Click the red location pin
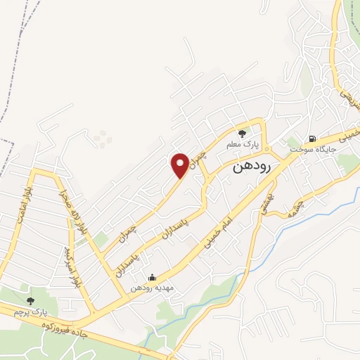pos(180,165)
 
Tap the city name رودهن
pos(252,168)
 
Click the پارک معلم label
pos(243,143)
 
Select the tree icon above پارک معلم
pos(243,133)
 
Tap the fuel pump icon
pos(310,137)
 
